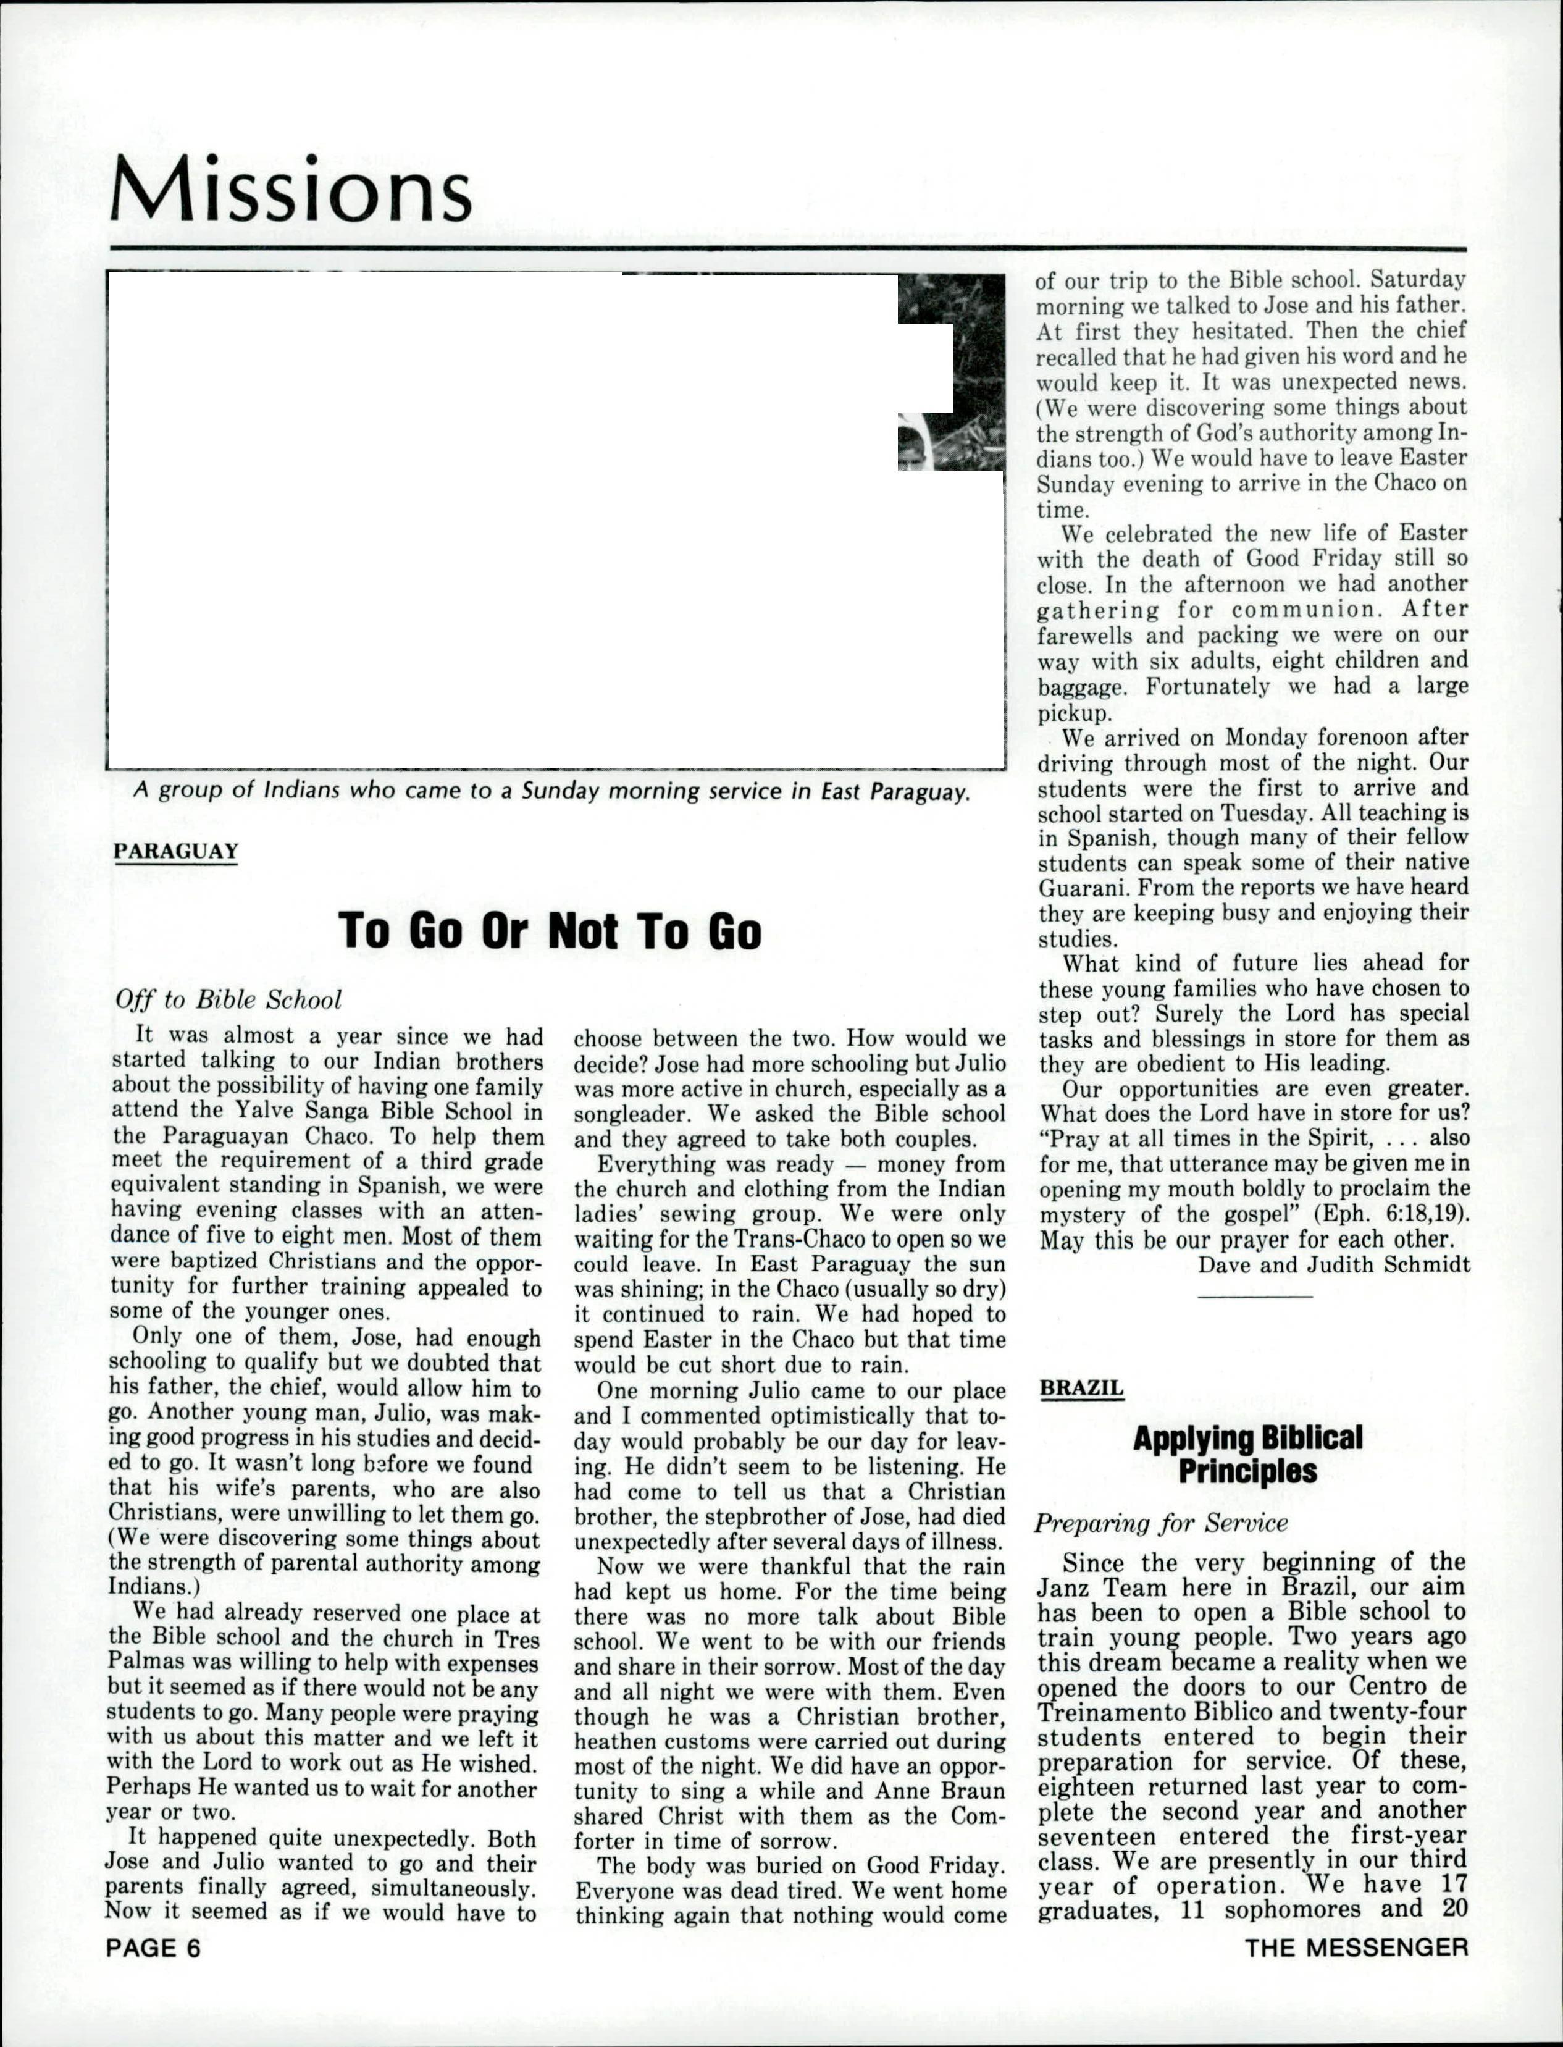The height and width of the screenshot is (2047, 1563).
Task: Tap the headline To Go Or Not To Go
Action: click(x=550, y=930)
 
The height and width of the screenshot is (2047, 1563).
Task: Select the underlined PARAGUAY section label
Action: click(x=176, y=851)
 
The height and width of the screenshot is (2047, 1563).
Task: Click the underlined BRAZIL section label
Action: click(x=1081, y=1387)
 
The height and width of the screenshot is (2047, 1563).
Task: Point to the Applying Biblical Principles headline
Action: click(x=1247, y=1454)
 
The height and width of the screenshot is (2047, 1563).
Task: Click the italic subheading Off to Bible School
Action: click(x=228, y=999)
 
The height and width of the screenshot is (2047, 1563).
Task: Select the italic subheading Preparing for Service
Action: click(x=1161, y=1523)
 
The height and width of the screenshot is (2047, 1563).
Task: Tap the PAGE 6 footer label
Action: click(x=154, y=1948)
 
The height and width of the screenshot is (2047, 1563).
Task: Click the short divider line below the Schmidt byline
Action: click(x=1255, y=1296)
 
